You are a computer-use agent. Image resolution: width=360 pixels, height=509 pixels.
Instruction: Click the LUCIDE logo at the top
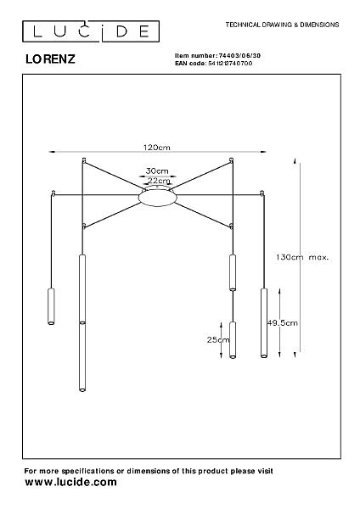pyautogui.click(x=91, y=31)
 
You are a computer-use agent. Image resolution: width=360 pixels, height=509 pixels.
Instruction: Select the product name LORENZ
pyautogui.click(x=50, y=59)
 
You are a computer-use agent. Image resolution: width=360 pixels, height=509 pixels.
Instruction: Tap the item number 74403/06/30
pyautogui.click(x=239, y=55)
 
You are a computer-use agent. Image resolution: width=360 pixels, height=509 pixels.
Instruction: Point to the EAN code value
pyautogui.click(x=230, y=64)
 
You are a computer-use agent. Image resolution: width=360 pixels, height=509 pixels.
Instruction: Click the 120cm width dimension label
pyautogui.click(x=157, y=147)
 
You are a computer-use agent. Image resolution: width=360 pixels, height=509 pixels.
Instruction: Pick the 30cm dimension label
pyautogui.click(x=157, y=171)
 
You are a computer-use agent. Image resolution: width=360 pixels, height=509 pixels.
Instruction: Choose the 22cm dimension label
pyautogui.click(x=159, y=181)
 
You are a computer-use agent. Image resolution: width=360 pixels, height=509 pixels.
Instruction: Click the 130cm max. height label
pyautogui.click(x=302, y=257)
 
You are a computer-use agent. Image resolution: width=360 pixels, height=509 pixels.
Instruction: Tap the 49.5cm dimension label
pyautogui.click(x=283, y=322)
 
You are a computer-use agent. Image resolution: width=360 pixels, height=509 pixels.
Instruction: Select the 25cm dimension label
pyautogui.click(x=218, y=340)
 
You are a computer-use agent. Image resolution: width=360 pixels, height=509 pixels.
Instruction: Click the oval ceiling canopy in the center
pyautogui.click(x=158, y=196)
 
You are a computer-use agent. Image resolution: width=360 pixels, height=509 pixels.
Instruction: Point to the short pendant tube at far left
pyautogui.click(x=51, y=306)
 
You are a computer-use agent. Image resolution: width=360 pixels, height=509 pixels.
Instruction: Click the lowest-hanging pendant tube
pyautogui.click(x=82, y=356)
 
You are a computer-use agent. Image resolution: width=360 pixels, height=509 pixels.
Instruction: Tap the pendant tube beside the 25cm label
pyautogui.click(x=233, y=340)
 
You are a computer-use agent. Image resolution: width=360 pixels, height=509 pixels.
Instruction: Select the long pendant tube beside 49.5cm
pyautogui.click(x=264, y=323)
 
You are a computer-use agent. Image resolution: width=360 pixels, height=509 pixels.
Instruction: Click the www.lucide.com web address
pyautogui.click(x=70, y=482)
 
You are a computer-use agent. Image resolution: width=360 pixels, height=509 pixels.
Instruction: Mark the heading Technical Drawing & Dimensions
pyautogui.click(x=282, y=25)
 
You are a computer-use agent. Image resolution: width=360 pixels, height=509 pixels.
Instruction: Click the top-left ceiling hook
pyautogui.click(x=84, y=159)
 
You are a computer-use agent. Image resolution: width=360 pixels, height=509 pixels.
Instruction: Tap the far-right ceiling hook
pyautogui.click(x=262, y=193)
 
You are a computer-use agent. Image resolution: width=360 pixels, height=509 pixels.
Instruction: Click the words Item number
pyautogui.click(x=195, y=55)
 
